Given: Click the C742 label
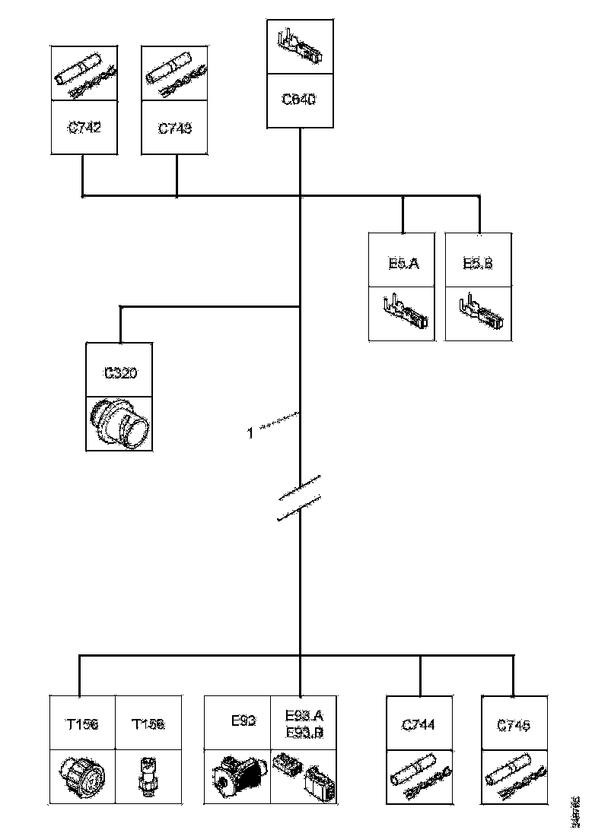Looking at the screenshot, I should [84, 128].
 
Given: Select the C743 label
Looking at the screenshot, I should [175, 128].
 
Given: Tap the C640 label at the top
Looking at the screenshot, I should [299, 100].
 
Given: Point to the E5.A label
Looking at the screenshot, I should [400, 264].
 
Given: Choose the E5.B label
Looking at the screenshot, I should [478, 264].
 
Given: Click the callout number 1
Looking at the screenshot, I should [250, 433].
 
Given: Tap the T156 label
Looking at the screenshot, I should [81, 724].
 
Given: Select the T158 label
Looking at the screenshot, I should [148, 724].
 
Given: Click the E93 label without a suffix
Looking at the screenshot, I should [243, 720].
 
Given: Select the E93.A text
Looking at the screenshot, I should [304, 715].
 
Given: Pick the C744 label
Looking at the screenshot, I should [419, 725].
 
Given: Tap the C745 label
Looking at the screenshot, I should [514, 725].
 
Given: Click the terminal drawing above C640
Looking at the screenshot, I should [299, 45].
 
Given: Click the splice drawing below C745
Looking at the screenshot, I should [515, 774].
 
